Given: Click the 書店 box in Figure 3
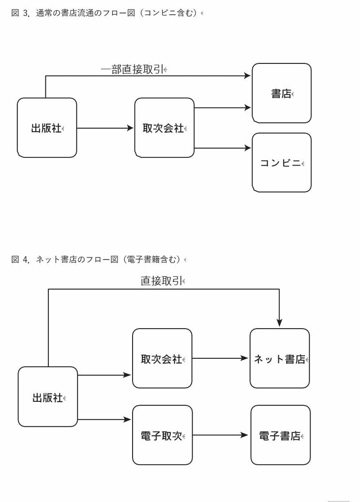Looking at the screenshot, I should point(281,93).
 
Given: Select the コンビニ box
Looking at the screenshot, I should point(281,163).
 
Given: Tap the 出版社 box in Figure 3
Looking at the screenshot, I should point(47,128).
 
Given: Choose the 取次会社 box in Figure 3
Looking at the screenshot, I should point(164,128).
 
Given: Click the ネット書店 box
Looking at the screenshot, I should point(279,358).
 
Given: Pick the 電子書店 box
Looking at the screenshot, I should point(280,435).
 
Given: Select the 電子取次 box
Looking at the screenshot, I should point(162,435).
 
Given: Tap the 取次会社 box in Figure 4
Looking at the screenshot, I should point(162,358).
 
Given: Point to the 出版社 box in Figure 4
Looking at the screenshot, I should point(48,397).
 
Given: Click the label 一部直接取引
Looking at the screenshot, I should point(133,70).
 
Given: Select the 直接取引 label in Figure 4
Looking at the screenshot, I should point(162,281).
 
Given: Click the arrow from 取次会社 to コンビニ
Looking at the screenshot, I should point(223,148).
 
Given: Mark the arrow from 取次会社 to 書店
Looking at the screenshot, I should point(223,108).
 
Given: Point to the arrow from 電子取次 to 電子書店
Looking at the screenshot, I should point(221,435).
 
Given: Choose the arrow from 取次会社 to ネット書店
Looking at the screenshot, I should point(220,358).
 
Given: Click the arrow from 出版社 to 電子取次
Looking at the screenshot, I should point(105,420).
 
